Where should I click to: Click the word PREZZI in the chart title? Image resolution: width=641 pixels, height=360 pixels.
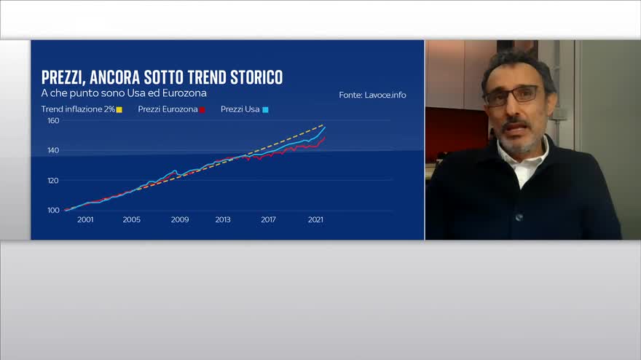(x=63, y=77)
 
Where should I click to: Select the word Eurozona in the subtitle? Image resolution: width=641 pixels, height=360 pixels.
(x=184, y=93)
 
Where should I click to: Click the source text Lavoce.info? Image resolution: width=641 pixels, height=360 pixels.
(x=385, y=95)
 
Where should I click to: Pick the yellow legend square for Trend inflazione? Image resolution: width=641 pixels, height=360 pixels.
(x=119, y=109)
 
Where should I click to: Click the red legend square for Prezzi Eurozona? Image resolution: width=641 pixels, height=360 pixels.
(x=202, y=109)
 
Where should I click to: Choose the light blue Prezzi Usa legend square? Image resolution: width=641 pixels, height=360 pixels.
(x=265, y=109)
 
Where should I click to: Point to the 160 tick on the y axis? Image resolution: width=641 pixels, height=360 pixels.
(x=53, y=121)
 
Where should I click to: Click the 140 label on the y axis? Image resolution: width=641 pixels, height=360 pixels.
(x=53, y=151)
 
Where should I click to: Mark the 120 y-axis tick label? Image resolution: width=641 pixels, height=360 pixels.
(x=53, y=181)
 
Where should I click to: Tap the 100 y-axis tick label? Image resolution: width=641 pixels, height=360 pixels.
(x=53, y=211)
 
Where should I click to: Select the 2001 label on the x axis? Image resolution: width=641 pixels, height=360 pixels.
(x=85, y=219)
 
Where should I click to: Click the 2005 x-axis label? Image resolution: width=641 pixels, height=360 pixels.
(x=132, y=219)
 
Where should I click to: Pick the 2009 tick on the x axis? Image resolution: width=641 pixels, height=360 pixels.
(x=180, y=219)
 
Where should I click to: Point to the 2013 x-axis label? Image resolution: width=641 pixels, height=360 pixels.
(x=223, y=219)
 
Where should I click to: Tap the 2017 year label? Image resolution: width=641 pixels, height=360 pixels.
(x=268, y=219)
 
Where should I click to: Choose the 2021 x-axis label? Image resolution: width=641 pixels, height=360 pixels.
(x=315, y=219)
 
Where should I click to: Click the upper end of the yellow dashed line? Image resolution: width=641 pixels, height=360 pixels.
(x=323, y=125)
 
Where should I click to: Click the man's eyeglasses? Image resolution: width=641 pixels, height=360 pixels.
(x=512, y=95)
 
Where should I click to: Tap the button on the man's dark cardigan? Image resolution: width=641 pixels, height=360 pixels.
(x=519, y=218)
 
